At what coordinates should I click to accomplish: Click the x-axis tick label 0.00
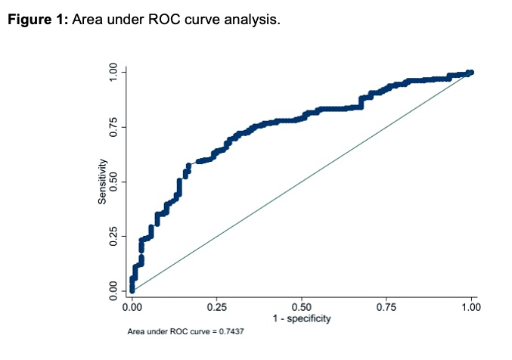[132, 309]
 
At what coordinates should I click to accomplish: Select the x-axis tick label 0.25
[217, 309]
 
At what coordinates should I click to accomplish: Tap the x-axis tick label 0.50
[302, 309]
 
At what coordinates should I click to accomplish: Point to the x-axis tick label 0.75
[386, 309]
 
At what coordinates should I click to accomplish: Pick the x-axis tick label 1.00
[471, 309]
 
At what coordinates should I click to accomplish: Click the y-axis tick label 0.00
[113, 290]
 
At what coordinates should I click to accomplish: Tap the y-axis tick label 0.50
[113, 182]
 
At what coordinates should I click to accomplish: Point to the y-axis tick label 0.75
[113, 127]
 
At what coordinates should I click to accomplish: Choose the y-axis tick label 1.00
[113, 73]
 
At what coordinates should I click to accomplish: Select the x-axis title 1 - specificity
[302, 320]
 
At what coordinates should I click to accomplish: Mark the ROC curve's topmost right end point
[470, 73]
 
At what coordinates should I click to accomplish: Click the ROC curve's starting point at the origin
[132, 290]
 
